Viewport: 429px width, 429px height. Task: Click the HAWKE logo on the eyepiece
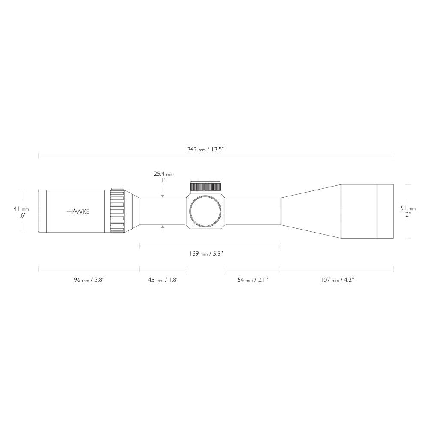pyautogui.click(x=78, y=211)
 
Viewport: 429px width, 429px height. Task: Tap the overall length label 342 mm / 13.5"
pyautogui.click(x=206, y=149)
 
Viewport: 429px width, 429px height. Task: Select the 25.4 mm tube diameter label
pyautogui.click(x=163, y=174)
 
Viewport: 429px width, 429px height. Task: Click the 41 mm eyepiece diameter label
pyautogui.click(x=21, y=208)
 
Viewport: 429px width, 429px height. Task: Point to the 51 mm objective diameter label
pyautogui.click(x=408, y=208)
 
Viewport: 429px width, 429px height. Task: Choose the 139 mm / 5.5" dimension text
pyautogui.click(x=206, y=254)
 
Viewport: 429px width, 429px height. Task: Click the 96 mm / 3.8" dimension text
pyautogui.click(x=89, y=280)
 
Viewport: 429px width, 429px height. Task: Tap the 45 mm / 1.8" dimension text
pyautogui.click(x=163, y=280)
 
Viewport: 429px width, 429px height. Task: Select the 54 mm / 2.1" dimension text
pyautogui.click(x=252, y=280)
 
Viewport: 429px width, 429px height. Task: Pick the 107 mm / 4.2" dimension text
pyautogui.click(x=337, y=280)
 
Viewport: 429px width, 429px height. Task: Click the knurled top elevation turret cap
pyautogui.click(x=205, y=186)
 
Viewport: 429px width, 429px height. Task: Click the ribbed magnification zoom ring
pyautogui.click(x=117, y=211)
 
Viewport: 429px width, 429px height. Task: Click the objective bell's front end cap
pyautogui.click(x=385, y=211)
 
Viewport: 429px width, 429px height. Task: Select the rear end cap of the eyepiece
pyautogui.click(x=43, y=211)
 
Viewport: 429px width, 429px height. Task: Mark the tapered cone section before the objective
pyautogui.click(x=311, y=211)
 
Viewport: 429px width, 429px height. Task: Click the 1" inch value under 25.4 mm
pyautogui.click(x=163, y=181)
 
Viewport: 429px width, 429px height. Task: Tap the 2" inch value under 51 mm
pyautogui.click(x=408, y=214)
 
